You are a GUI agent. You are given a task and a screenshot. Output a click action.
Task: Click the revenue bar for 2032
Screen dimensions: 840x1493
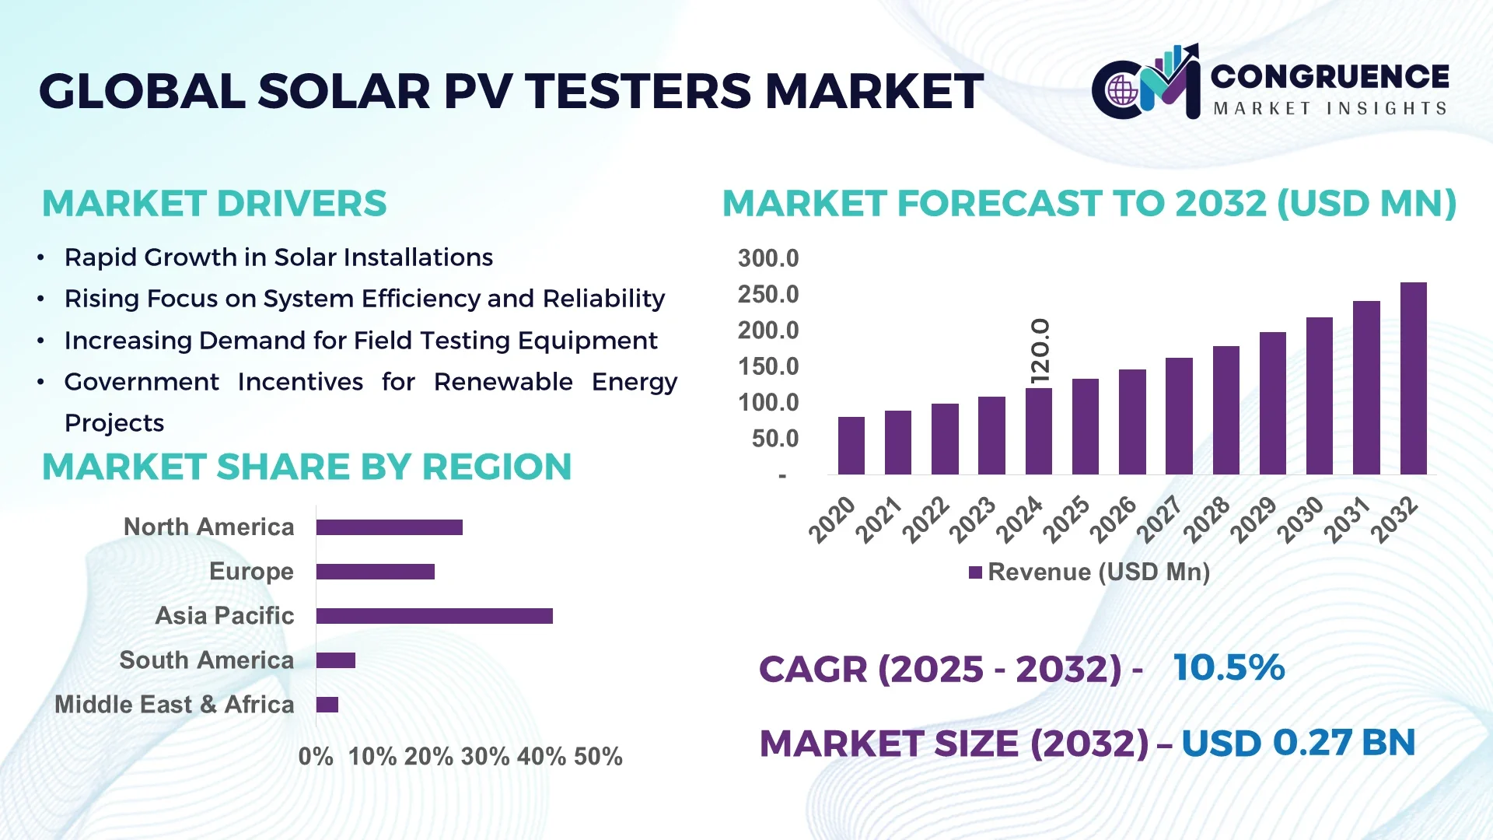point(1413,379)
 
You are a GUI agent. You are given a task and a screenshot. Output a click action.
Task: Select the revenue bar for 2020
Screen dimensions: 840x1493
point(851,446)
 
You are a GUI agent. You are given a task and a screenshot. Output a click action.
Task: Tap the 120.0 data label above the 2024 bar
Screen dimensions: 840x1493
point(1040,351)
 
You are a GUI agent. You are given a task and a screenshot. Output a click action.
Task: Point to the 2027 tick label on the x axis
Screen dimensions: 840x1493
point(1159,519)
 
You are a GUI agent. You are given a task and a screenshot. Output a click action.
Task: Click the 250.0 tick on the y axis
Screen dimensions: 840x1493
point(767,295)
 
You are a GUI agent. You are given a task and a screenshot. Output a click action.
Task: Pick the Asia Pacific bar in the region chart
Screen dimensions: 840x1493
point(434,616)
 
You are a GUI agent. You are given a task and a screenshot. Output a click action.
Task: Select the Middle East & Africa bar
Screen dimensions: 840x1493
point(327,705)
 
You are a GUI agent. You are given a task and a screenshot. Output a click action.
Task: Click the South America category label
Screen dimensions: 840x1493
point(206,660)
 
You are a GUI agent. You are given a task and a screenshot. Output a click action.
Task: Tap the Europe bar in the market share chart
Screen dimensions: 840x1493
point(375,572)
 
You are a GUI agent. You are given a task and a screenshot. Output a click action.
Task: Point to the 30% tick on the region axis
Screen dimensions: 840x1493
point(484,756)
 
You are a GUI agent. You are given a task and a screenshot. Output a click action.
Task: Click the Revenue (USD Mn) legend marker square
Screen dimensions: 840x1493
point(975,572)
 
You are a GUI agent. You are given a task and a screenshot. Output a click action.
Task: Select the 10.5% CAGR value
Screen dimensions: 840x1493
point(1229,667)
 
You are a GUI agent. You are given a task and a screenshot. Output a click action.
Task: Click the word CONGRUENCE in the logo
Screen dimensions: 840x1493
point(1329,76)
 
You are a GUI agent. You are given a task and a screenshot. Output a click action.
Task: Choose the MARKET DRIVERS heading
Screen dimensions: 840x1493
point(214,204)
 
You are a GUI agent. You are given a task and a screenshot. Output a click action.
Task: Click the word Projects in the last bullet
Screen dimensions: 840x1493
point(114,423)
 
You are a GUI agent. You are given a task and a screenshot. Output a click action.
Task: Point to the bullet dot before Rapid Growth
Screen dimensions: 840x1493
point(40,257)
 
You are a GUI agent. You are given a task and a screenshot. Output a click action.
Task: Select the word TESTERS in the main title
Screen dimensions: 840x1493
point(638,91)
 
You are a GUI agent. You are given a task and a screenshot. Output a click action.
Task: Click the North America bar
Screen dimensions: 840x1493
point(389,527)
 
